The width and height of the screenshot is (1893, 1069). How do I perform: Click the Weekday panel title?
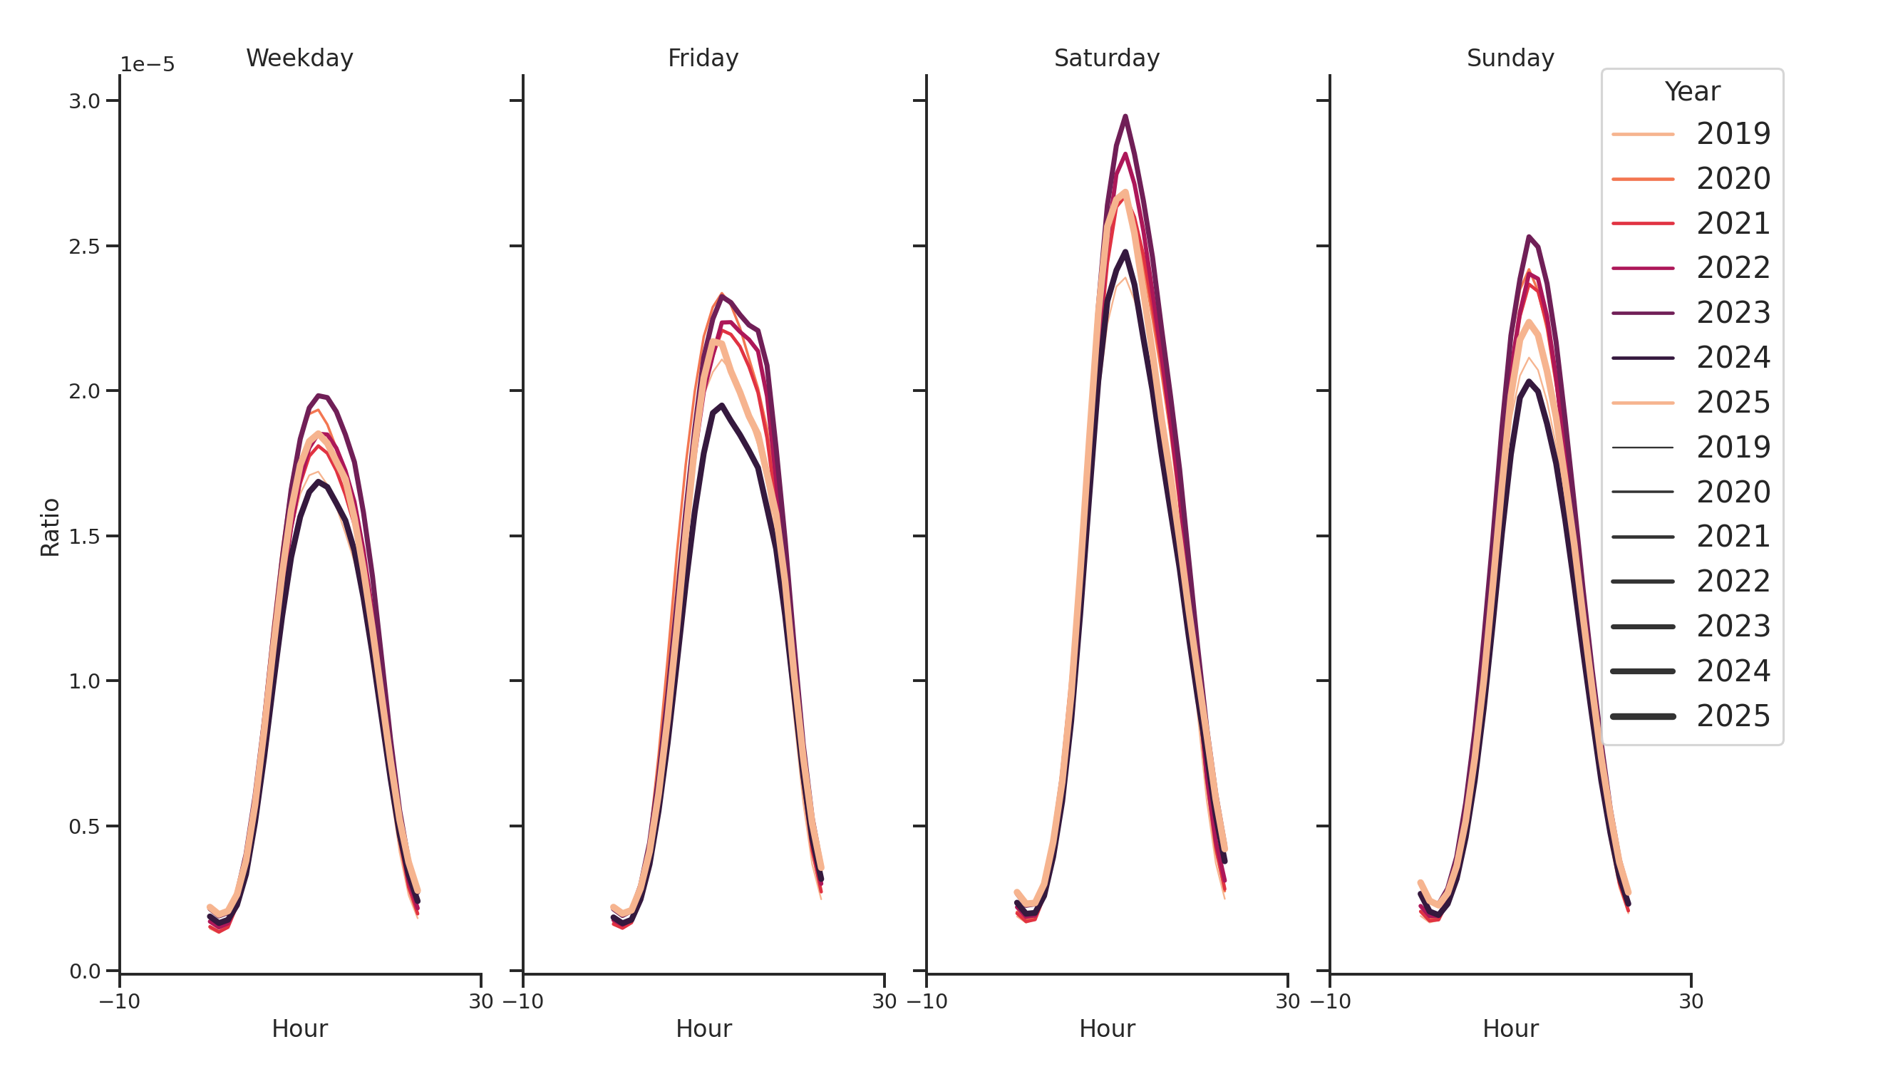[x=299, y=58]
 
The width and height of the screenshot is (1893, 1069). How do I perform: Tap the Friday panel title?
[x=703, y=58]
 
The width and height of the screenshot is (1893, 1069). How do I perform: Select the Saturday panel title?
[x=1106, y=58]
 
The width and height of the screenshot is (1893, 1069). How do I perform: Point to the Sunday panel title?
[x=1510, y=58]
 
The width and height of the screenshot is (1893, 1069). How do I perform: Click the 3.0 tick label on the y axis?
[x=85, y=101]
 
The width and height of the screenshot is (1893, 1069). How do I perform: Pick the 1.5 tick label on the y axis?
[x=85, y=537]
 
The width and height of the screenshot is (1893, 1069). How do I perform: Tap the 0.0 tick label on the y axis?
[x=85, y=971]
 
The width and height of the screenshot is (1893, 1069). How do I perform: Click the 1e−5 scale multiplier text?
[x=148, y=65]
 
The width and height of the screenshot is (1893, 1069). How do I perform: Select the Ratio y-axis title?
[x=50, y=527]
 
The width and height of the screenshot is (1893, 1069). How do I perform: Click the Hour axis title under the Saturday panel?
[x=1106, y=1028]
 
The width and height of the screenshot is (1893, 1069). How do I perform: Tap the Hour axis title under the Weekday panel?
[x=299, y=1028]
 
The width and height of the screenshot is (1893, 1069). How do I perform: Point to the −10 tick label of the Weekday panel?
[x=119, y=1001]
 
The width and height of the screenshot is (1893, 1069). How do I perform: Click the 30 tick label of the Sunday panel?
[x=1690, y=1001]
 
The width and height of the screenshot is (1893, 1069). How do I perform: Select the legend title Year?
[x=1691, y=92]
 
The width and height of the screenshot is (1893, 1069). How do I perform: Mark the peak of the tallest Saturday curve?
[x=1125, y=117]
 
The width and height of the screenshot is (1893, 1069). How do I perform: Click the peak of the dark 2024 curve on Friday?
[x=721, y=406]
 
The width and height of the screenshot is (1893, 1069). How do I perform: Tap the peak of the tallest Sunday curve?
[x=1528, y=237]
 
